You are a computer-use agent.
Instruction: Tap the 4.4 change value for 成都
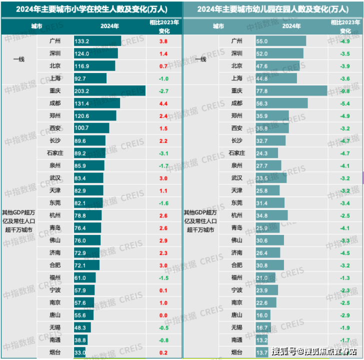[163, 103]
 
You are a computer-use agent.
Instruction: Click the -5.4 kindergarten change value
[345, 103]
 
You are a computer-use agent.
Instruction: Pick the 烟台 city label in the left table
[55, 352]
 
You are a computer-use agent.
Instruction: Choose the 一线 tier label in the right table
[200, 59]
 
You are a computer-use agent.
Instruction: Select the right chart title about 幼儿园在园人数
[272, 9]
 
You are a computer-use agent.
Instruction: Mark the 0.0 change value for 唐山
[163, 315]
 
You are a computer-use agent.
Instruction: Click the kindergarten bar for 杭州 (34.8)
[271, 215]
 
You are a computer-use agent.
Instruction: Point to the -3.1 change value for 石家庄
[163, 153]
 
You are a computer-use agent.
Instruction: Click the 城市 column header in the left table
[36, 25]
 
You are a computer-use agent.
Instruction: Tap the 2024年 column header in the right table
[290, 25]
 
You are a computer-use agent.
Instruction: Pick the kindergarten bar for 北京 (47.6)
[277, 66]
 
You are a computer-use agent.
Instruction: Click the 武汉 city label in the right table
[237, 178]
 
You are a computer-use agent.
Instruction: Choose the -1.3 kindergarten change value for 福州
[345, 278]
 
